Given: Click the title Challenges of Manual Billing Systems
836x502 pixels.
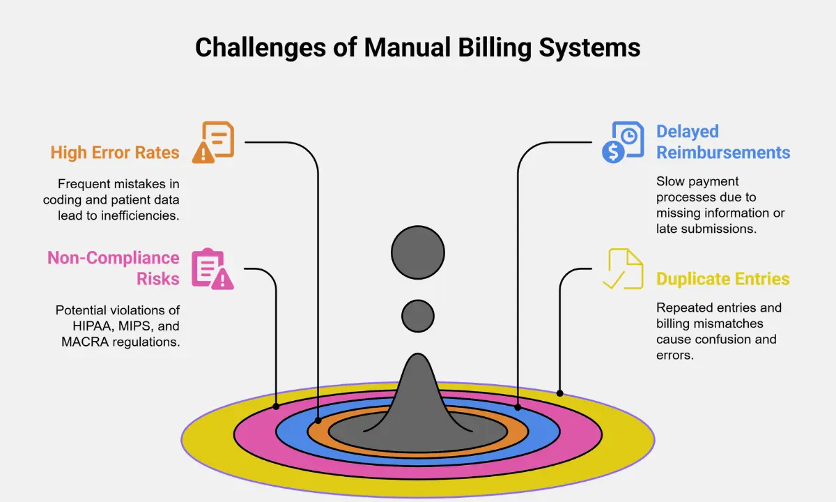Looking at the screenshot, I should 417,48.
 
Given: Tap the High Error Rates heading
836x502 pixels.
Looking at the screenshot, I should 115,152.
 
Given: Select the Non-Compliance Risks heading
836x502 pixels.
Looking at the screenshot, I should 114,268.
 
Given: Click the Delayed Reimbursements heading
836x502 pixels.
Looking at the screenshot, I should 723,142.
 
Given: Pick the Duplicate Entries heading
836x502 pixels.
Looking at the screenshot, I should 723,279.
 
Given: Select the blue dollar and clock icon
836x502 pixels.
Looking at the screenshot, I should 623,142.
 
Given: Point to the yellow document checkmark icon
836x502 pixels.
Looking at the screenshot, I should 622,268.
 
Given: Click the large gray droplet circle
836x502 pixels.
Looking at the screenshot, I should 418,252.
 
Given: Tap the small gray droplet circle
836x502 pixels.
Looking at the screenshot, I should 418,316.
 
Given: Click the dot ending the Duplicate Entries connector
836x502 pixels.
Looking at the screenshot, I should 560,393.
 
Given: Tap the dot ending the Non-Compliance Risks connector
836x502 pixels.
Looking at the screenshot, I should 276,406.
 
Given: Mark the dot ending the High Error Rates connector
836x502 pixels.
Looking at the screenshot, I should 318,420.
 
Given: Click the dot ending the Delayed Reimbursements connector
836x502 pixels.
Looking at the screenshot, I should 518,406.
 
